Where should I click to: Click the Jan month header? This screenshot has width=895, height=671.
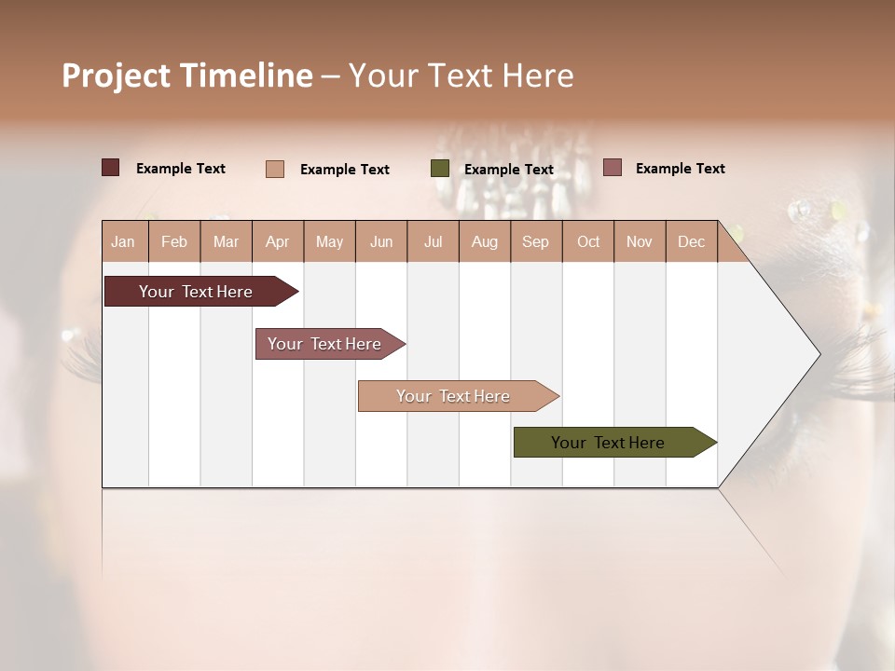(123, 241)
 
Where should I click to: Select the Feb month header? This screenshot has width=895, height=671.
(174, 241)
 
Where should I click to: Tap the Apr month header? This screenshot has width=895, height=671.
(277, 241)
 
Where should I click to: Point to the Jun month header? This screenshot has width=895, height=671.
(381, 241)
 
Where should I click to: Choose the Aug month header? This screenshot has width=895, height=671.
(484, 241)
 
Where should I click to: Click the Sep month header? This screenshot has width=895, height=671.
(535, 241)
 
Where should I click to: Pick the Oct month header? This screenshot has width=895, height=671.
(588, 241)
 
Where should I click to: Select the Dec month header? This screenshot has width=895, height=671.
(691, 241)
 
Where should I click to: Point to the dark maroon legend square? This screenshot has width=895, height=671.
(110, 168)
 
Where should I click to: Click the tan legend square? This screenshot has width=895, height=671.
(275, 169)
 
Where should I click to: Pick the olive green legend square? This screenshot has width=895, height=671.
(440, 169)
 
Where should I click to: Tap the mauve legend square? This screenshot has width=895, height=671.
(612, 168)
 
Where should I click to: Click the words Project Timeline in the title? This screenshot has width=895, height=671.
(186, 75)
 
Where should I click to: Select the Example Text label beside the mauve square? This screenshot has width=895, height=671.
(680, 169)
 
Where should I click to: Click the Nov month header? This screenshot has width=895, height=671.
(640, 241)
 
